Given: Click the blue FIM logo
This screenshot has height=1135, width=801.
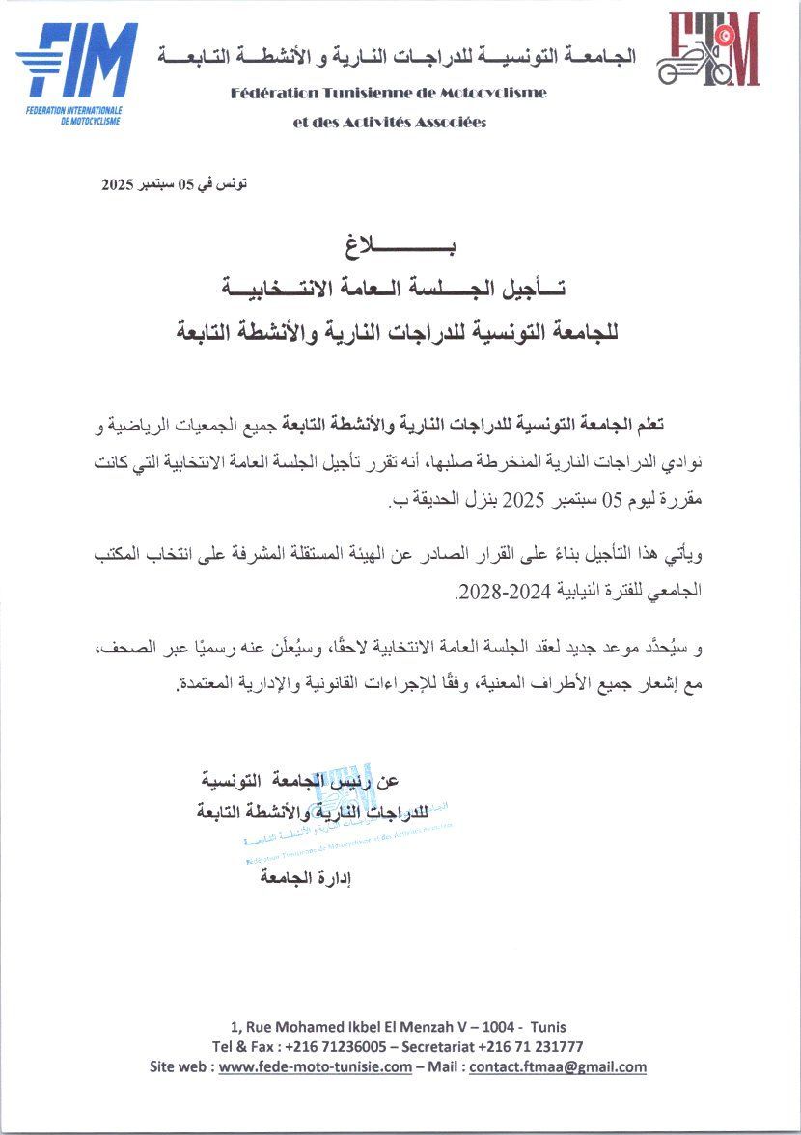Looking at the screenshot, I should coord(77,72).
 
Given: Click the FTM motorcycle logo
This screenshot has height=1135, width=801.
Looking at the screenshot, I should coord(708,50).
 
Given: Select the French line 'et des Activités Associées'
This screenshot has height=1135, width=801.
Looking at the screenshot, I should coord(390,123).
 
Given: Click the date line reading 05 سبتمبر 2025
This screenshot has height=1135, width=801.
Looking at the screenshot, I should coord(175,184).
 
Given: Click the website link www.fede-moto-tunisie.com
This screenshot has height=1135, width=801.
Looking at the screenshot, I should coord(315,1066).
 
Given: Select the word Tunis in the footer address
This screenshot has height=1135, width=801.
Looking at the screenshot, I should coord(548,1026).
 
